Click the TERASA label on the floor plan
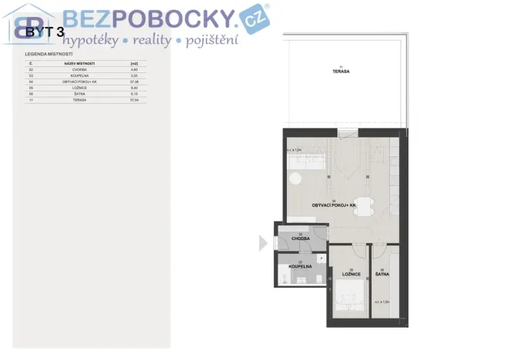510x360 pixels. coord(342,71)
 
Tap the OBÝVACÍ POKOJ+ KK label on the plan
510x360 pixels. coord(336,206)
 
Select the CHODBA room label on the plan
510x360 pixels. coord(300,238)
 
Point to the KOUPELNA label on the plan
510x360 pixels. coord(300,266)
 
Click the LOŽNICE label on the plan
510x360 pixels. coord(350,274)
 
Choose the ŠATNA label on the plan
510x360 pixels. coord(382,274)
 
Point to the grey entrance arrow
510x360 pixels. coord(263,243)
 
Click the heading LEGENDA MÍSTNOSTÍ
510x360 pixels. coord(49,55)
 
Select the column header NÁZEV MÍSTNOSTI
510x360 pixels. coord(79,63)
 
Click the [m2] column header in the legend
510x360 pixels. coord(134,63)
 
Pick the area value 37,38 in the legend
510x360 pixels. coord(134,81)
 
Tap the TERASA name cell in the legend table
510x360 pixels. coord(79,99)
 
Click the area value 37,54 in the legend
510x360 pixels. coord(134,99)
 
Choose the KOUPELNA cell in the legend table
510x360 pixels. coord(79,75)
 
